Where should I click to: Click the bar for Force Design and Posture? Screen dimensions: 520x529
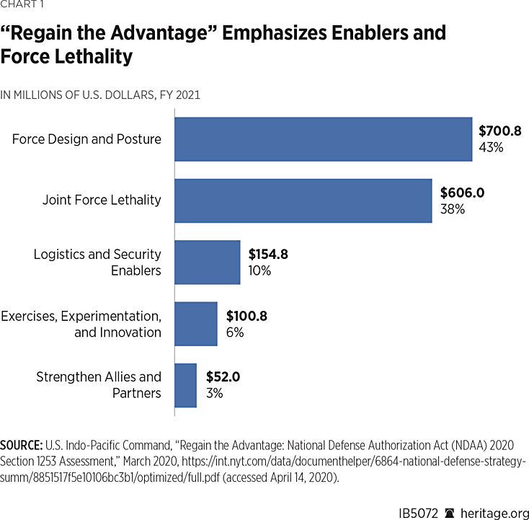coord(323,139)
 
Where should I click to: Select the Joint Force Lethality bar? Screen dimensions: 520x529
coord(303,200)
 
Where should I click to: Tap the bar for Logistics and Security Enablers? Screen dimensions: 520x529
coord(208,263)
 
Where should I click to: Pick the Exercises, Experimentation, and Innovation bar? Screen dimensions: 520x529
coord(196,324)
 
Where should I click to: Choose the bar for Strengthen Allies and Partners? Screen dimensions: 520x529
coord(186,385)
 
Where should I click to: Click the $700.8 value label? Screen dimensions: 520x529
coord(499,131)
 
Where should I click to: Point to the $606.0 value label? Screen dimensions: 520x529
coord(461,193)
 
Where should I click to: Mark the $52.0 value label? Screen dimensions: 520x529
coord(223,377)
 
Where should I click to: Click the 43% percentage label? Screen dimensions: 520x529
coord(490,148)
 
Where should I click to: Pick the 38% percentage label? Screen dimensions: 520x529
coord(452,209)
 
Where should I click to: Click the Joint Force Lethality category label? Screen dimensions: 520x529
coord(102,200)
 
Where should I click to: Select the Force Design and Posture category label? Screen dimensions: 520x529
coord(86,139)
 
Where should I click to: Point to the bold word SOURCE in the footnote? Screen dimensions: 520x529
coord(22,444)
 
